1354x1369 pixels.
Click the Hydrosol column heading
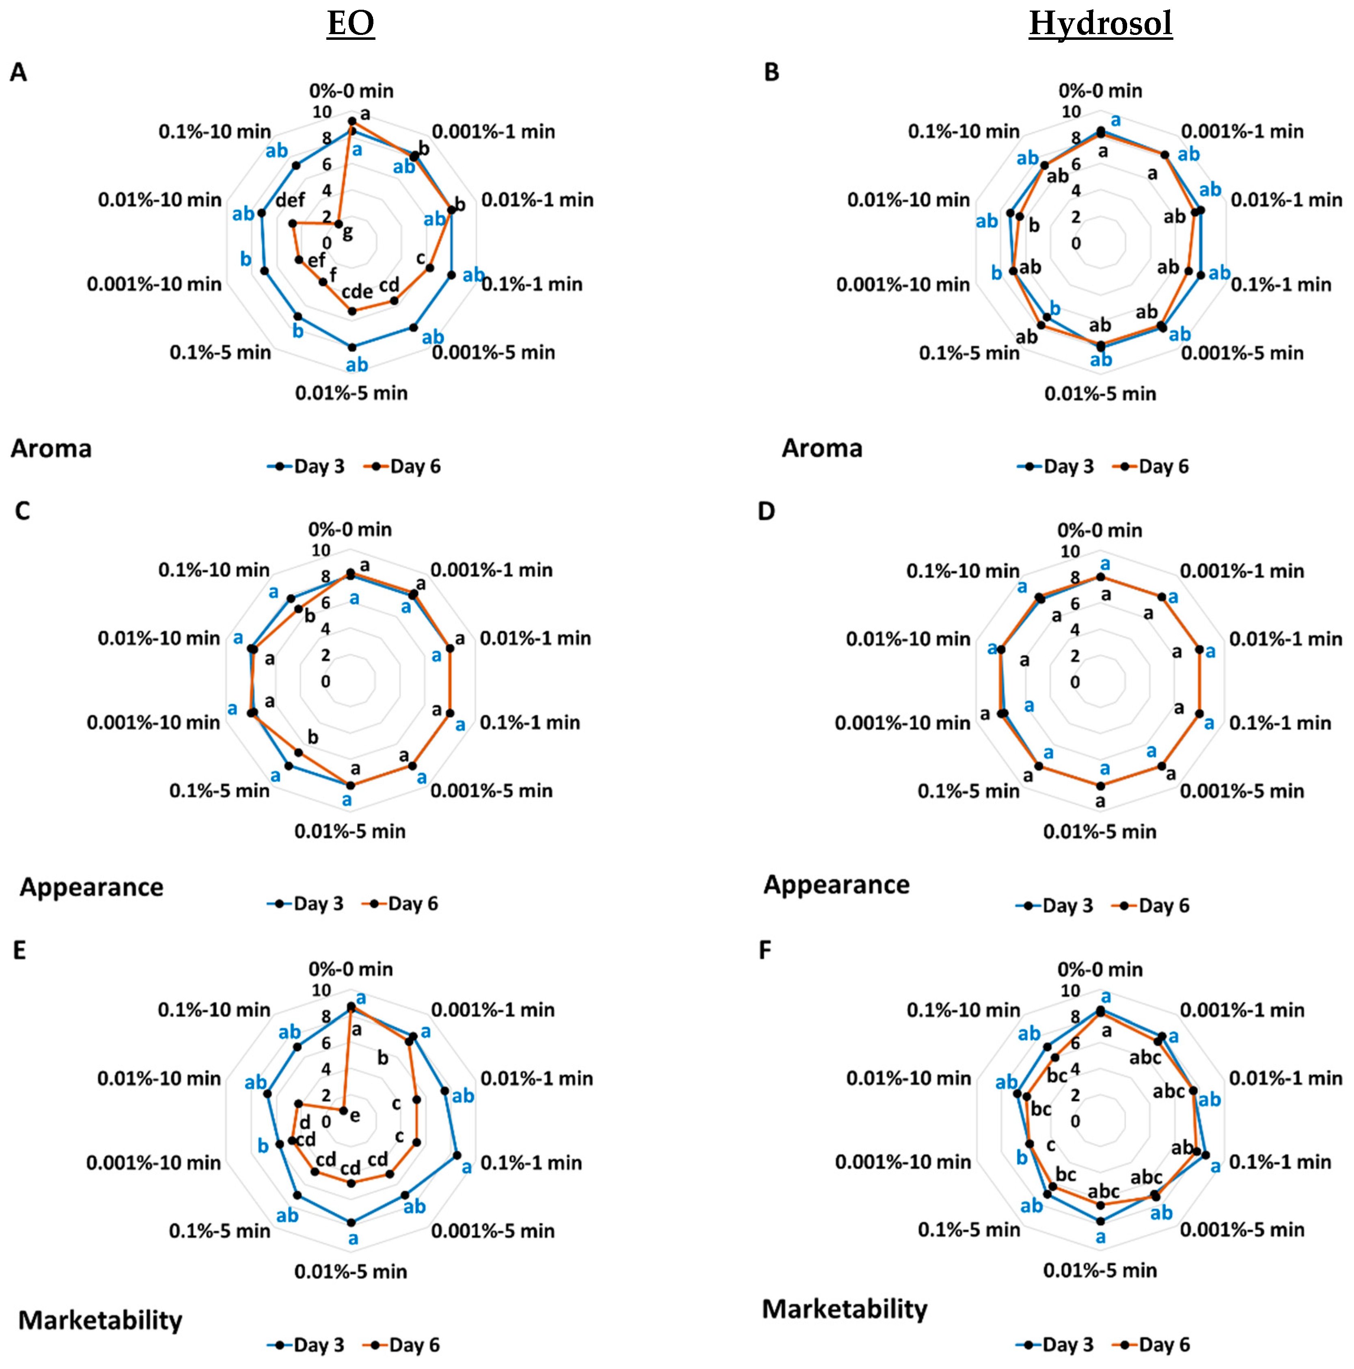[1100, 24]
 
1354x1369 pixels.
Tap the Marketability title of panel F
[844, 1309]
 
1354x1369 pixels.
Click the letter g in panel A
[347, 232]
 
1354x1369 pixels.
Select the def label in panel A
[290, 201]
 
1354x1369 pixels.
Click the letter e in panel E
[355, 1116]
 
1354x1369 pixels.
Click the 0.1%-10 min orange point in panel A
[338, 224]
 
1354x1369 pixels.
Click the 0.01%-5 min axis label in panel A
[351, 393]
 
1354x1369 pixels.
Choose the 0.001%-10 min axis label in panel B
[903, 284]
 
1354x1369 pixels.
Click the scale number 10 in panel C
[321, 551]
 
